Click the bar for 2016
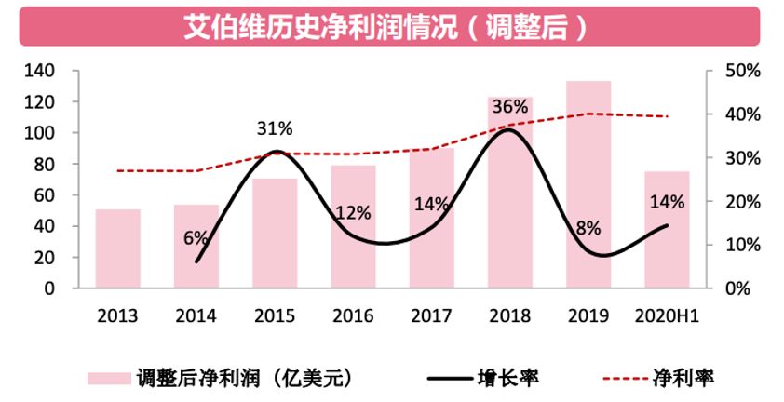[353, 227]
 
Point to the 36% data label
[510, 107]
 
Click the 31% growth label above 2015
[275, 128]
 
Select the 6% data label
[196, 237]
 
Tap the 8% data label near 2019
[588, 227]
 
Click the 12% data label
[353, 212]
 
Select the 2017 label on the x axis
[431, 315]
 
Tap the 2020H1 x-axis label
[667, 315]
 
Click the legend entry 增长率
[507, 378]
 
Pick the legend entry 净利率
[690, 378]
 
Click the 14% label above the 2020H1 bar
[667, 202]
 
